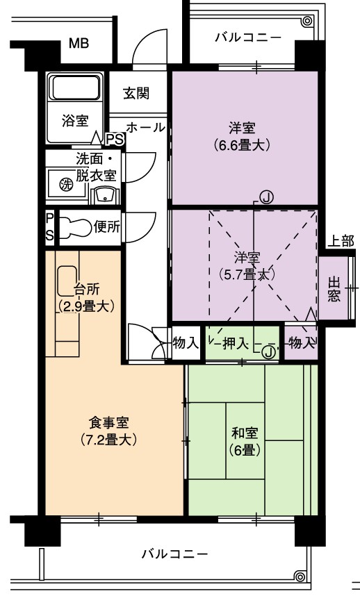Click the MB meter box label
point(79,44)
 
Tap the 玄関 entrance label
point(136,93)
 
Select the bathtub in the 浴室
point(76,88)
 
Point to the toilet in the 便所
point(76,227)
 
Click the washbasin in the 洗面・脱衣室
point(103,196)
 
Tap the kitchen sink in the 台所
point(68,281)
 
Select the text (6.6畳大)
point(242,145)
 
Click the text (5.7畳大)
point(247,274)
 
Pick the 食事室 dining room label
point(109,422)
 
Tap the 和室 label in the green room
point(245,433)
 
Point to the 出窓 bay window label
point(334,289)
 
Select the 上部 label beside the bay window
point(341,241)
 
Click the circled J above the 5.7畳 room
point(266,197)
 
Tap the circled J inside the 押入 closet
point(269,352)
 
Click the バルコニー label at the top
point(248,38)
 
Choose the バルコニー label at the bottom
point(175,554)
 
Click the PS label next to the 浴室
point(115,140)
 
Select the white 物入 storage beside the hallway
point(186,343)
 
